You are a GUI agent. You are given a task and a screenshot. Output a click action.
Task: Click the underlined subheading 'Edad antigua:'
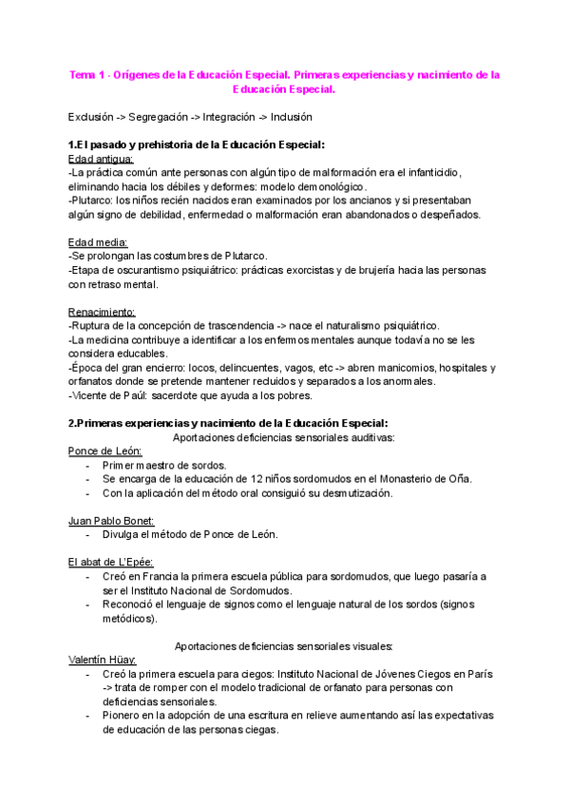coord(102,159)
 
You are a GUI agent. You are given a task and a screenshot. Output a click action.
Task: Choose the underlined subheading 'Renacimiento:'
coord(103,312)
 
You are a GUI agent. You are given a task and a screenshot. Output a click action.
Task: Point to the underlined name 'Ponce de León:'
coord(104,451)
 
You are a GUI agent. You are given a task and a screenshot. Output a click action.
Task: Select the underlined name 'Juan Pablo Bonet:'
coord(111,521)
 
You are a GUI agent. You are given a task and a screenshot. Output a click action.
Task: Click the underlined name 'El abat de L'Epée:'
coord(112,563)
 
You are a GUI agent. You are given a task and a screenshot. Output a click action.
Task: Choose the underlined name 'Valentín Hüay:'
coord(103,661)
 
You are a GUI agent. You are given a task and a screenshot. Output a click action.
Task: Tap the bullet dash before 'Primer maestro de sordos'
coord(87,466)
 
